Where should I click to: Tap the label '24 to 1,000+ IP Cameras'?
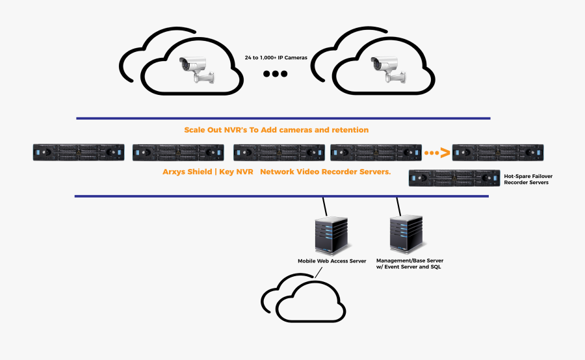[276, 57]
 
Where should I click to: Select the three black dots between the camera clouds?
[275, 74]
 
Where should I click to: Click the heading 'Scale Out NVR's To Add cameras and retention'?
[276, 130]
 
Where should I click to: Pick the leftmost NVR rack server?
[79, 153]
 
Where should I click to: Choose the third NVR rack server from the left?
[279, 153]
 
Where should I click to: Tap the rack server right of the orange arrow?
[498, 153]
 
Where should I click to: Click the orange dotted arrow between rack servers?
[436, 153]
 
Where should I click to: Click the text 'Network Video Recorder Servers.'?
[326, 173]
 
